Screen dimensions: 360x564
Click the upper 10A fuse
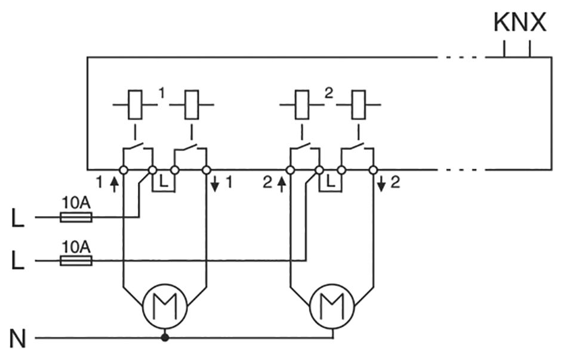pos(76,217)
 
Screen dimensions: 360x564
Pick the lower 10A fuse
pos(76,261)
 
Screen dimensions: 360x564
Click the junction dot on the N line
pos(165,339)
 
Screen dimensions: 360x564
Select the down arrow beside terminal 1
pos(215,183)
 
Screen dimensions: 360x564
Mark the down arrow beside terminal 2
pos(382,183)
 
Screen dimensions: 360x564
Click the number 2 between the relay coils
pos(328,93)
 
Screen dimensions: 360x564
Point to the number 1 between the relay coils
pos(162,93)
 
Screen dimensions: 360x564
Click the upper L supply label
pos(19,219)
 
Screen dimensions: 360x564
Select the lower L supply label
pos(19,261)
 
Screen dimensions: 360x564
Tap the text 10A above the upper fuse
pos(76,203)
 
